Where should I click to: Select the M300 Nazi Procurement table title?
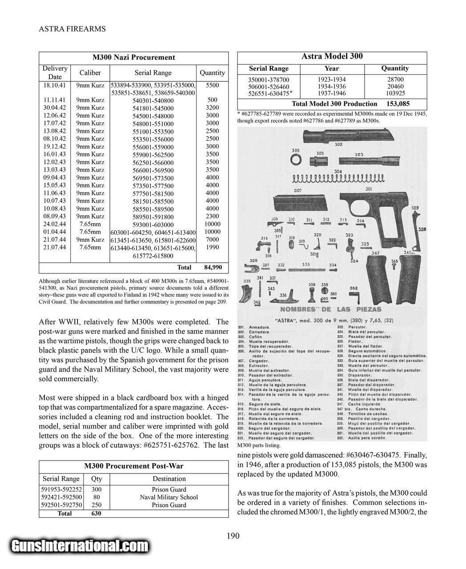(x=133, y=57)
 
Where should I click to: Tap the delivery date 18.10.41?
(x=55, y=84)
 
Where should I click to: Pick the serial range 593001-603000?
(x=153, y=224)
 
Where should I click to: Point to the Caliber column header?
(x=90, y=72)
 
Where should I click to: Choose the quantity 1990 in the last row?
(x=212, y=247)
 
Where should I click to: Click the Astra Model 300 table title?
(x=332, y=56)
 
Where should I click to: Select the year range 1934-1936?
(x=332, y=86)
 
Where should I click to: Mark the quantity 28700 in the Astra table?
(x=395, y=79)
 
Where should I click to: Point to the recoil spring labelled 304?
(x=338, y=178)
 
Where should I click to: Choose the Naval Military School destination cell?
(x=169, y=497)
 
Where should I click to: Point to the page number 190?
(x=233, y=536)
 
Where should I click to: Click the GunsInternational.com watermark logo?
(x=80, y=546)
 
